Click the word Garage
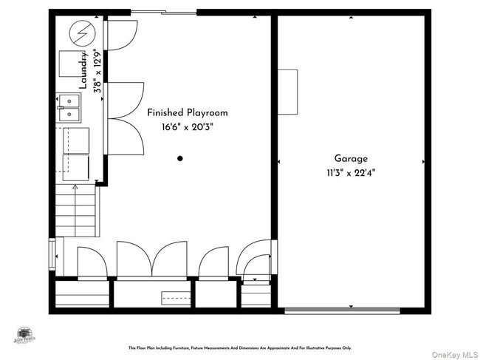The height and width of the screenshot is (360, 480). pos(350,158)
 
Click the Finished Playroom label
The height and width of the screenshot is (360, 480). pos(187,112)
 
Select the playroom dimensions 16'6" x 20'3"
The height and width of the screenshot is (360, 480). pos(187,126)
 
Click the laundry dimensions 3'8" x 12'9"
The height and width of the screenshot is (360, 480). pos(97,72)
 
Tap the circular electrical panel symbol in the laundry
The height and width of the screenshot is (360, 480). pos(78,33)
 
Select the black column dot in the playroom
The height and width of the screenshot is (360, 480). pos(180,158)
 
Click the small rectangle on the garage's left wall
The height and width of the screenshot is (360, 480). pos(287,92)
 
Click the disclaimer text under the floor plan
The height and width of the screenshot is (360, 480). pos(240,347)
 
